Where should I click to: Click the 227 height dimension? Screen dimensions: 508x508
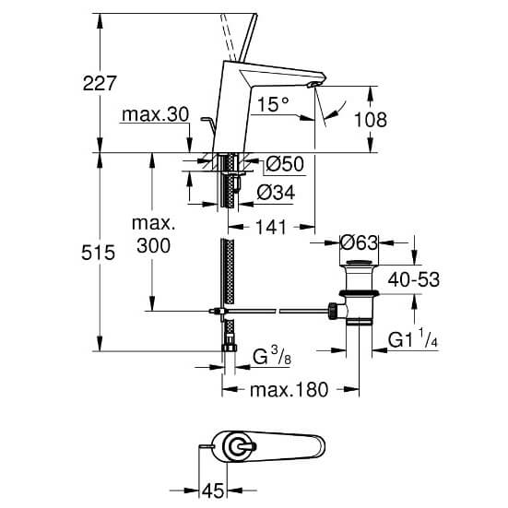click(100, 84)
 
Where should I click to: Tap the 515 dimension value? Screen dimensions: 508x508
click(98, 253)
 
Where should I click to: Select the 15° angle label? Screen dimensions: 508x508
click(273, 104)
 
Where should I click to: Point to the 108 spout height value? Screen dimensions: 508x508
click(371, 120)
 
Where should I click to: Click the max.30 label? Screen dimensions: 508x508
click(155, 114)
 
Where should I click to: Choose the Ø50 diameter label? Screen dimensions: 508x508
click(285, 163)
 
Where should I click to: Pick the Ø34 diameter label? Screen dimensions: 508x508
click(276, 192)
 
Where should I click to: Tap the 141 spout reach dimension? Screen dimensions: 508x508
click(271, 227)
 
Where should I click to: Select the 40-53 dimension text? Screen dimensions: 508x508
click(414, 279)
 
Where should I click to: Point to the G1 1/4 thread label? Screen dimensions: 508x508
click(413, 338)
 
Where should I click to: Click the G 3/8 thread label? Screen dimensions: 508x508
click(271, 356)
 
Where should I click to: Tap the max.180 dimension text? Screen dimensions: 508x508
click(289, 390)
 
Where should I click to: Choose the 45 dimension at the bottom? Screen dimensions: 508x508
click(213, 490)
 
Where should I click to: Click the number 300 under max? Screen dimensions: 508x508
click(153, 245)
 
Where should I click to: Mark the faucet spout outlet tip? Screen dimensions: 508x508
click(313, 85)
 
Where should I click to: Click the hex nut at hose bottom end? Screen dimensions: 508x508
click(230, 348)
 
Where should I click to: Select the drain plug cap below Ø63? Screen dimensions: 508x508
click(359, 263)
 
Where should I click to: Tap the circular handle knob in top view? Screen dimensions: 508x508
click(239, 447)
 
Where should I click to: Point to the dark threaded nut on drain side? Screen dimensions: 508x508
click(333, 312)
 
